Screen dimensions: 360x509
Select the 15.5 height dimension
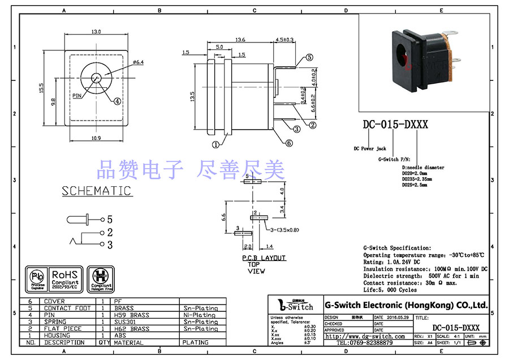[42, 89]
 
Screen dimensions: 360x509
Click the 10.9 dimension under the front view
[96, 138]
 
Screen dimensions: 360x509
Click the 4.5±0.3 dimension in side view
[284, 40]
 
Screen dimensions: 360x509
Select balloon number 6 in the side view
[289, 143]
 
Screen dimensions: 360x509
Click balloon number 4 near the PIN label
[117, 102]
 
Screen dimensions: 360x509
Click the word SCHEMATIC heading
[96, 191]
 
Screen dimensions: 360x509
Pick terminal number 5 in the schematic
[110, 219]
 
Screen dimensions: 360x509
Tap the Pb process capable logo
[37, 277]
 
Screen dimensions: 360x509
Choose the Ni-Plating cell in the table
[199, 315]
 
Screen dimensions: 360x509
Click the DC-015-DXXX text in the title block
[456, 328]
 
